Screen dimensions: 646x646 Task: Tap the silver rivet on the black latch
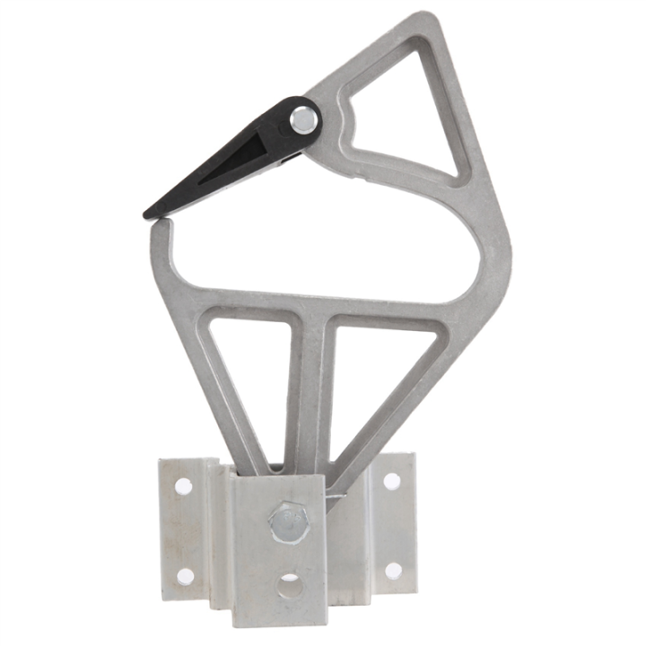[x=304, y=118]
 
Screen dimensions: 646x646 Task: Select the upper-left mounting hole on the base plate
[x=183, y=486]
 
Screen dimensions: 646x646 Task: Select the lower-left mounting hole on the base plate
[x=185, y=576]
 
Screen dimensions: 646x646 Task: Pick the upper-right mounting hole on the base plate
[x=392, y=481]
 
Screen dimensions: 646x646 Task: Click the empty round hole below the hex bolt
[x=289, y=589]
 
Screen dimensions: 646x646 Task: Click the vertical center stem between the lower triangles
[x=310, y=395]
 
